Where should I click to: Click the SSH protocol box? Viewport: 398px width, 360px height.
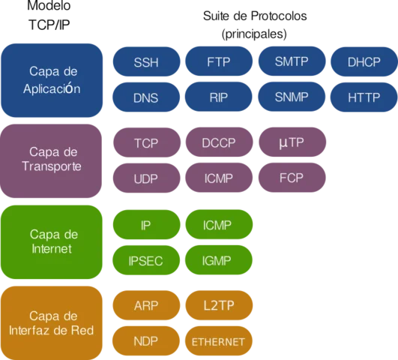pyautogui.click(x=146, y=62)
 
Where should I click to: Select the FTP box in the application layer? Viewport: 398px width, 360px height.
pyautogui.click(x=219, y=62)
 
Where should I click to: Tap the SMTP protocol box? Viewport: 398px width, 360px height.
pyautogui.click(x=292, y=62)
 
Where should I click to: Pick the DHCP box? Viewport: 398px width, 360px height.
pyautogui.click(x=364, y=62)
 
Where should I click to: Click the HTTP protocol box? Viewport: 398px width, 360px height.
pyautogui.click(x=364, y=97)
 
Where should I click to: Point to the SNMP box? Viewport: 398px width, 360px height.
pyautogui.click(x=292, y=97)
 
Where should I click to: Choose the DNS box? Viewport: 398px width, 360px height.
pyautogui.click(x=146, y=97)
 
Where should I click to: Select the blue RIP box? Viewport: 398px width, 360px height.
pyautogui.click(x=219, y=97)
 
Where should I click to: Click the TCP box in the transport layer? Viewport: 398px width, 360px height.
pyautogui.click(x=146, y=142)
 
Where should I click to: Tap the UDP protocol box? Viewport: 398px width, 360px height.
pyautogui.click(x=146, y=178)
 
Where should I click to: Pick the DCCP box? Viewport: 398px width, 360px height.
pyautogui.click(x=219, y=142)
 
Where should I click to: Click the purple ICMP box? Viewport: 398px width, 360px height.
pyautogui.click(x=219, y=178)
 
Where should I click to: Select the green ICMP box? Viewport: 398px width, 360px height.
pyautogui.click(x=219, y=225)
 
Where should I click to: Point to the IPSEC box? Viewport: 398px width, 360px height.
pyautogui.click(x=146, y=261)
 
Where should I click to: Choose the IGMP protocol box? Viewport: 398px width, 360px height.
pyautogui.click(x=219, y=261)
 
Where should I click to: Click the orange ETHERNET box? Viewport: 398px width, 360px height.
pyautogui.click(x=219, y=342)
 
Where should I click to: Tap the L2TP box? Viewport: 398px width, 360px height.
pyautogui.click(x=219, y=306)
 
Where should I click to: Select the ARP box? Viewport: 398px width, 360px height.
pyautogui.click(x=146, y=306)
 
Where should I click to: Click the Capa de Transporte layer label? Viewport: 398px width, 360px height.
pyautogui.click(x=52, y=159)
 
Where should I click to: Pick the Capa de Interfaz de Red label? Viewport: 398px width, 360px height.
pyautogui.click(x=52, y=322)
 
